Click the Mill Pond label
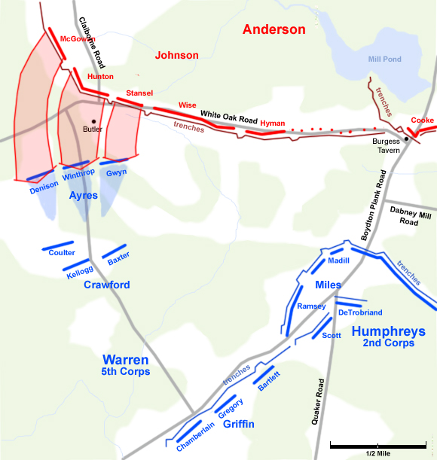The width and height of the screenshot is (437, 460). click(x=384, y=59)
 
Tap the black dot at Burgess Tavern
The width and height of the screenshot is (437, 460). click(x=406, y=139)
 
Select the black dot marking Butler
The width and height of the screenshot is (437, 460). click(x=93, y=121)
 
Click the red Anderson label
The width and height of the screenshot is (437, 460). click(x=274, y=30)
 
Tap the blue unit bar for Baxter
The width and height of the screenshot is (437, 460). click(x=113, y=251)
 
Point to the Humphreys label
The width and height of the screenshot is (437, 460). click(x=388, y=331)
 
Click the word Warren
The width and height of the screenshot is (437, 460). click(x=126, y=360)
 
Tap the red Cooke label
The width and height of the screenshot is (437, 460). click(x=422, y=120)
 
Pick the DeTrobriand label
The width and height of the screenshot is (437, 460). click(x=361, y=312)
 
